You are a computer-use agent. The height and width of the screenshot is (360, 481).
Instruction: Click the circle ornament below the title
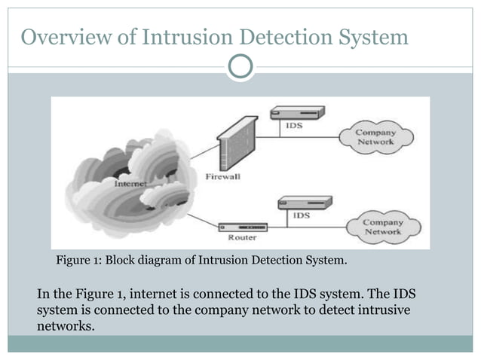(x=240, y=66)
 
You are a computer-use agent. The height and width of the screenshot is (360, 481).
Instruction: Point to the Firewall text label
(x=223, y=177)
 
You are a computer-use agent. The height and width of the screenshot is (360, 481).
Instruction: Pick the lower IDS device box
(x=305, y=202)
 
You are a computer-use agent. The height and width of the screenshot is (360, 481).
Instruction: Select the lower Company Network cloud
(x=383, y=227)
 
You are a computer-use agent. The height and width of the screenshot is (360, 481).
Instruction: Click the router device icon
(x=243, y=227)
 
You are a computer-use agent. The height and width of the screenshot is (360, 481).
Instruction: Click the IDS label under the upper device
(x=295, y=126)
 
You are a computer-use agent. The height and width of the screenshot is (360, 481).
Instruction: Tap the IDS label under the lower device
(x=301, y=215)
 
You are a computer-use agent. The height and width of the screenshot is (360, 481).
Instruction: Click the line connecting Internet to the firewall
(x=203, y=153)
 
